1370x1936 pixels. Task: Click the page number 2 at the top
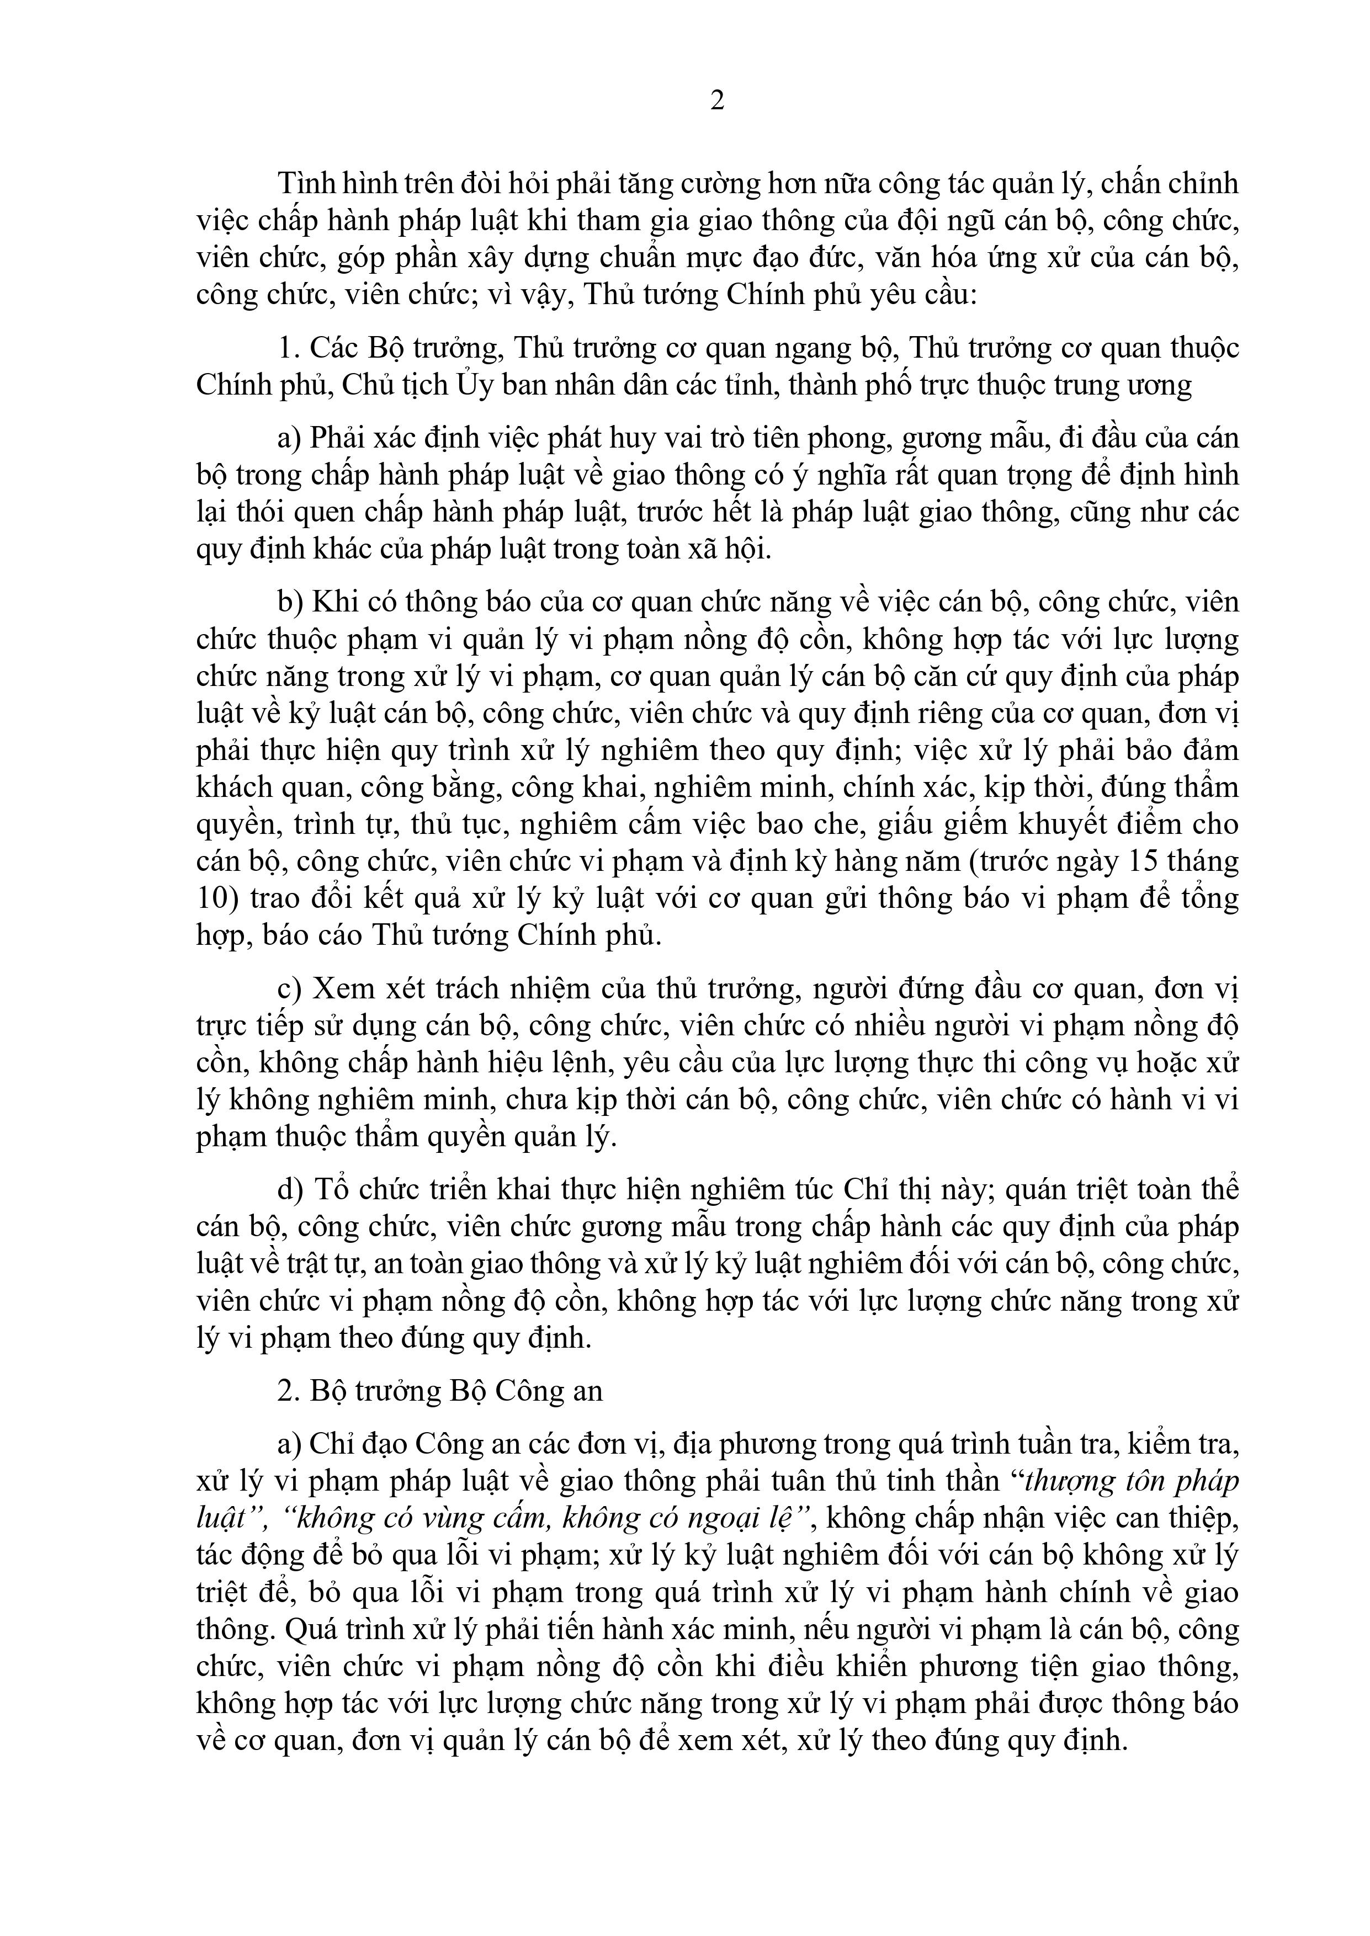(717, 101)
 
